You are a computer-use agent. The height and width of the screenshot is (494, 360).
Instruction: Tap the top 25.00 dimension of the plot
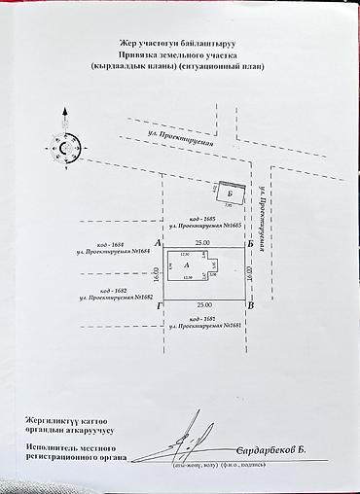click(x=201, y=241)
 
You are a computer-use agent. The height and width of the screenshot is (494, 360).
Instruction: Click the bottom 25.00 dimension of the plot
click(x=201, y=305)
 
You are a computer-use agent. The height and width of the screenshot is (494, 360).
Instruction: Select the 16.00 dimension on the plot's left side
click(x=155, y=273)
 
